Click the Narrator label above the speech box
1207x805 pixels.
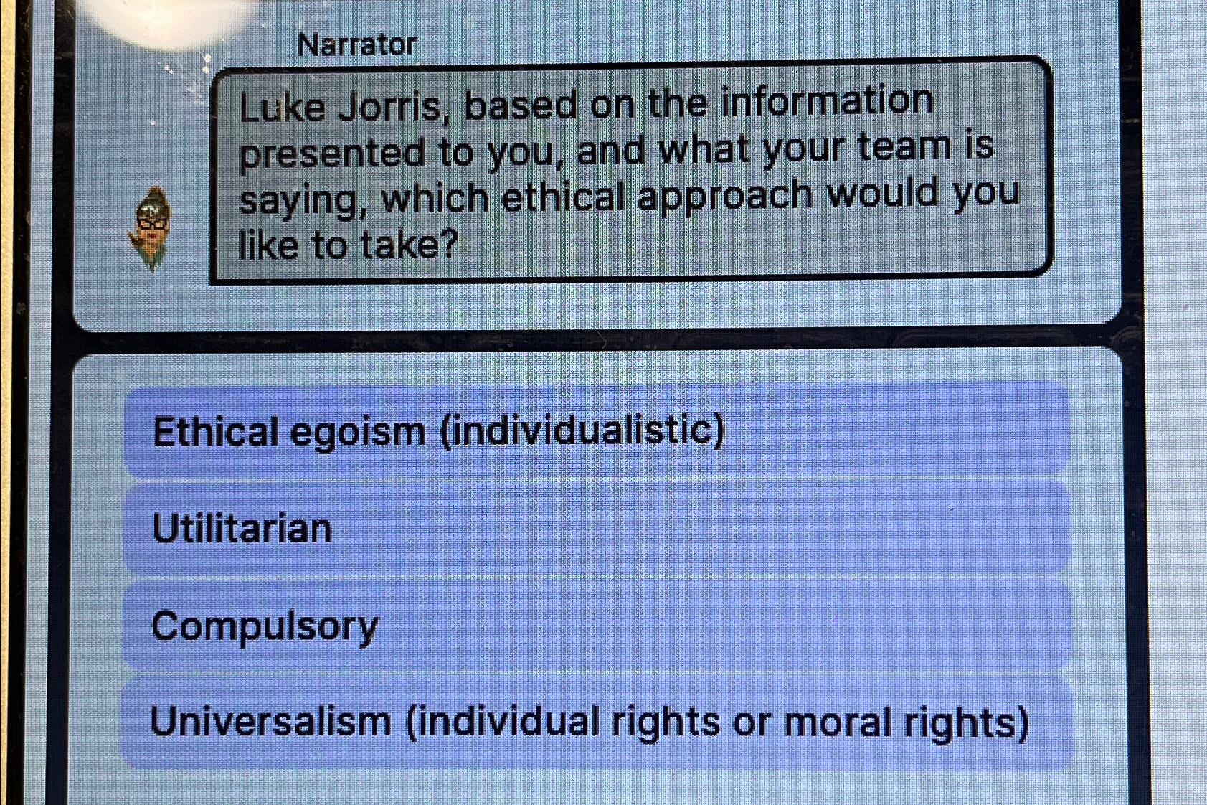click(x=356, y=45)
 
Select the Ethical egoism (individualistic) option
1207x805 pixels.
click(x=596, y=431)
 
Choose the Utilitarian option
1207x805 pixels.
click(x=596, y=529)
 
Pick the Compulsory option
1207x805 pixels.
click(x=596, y=626)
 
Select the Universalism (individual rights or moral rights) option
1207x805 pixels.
click(x=596, y=721)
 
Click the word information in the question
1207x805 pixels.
click(x=826, y=101)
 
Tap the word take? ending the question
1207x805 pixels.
click(x=408, y=245)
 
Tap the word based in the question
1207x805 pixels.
click(x=520, y=106)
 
